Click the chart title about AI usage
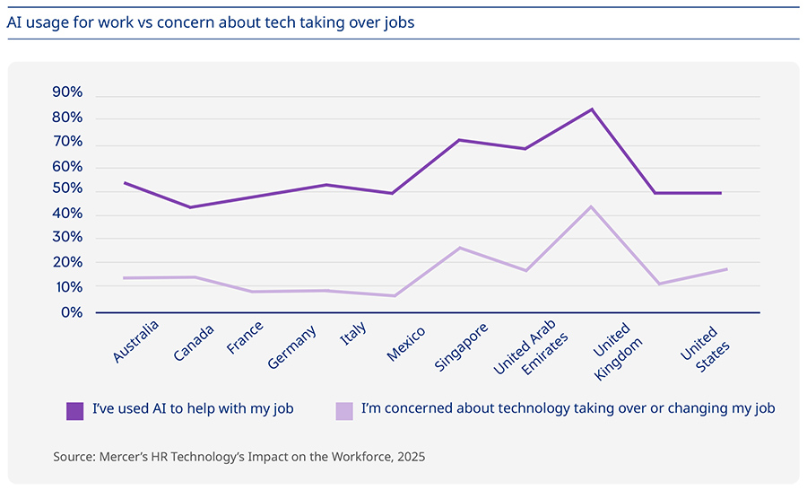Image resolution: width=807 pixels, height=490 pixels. pos(211,22)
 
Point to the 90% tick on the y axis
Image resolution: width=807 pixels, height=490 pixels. pos(68,93)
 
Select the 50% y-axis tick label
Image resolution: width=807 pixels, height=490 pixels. pos(68,190)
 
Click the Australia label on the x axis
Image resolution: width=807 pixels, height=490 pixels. pos(136,342)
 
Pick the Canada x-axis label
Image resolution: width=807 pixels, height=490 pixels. pos(194,341)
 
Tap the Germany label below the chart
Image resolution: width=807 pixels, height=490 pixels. pos(292,347)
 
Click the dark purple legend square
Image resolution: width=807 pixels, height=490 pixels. pos(75,410)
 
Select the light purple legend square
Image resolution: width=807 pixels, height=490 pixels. pos(344,410)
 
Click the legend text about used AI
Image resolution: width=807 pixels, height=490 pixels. pos(193,409)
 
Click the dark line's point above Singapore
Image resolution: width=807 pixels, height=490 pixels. pos(459,140)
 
